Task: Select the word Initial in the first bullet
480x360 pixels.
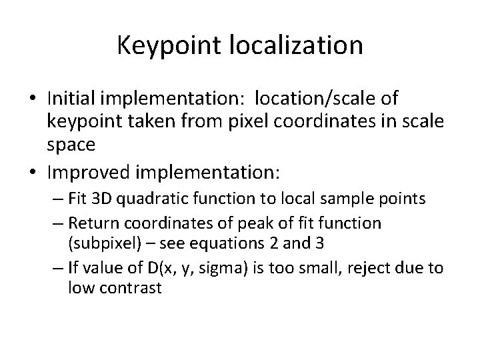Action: click(70, 99)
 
